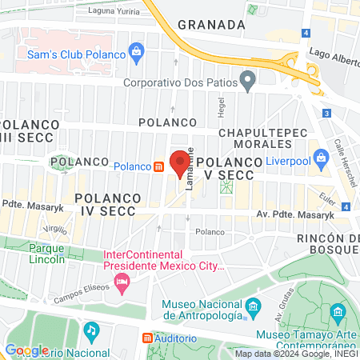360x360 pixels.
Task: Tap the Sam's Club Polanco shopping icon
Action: pos(136,54)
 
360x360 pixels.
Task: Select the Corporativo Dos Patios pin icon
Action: pos(248,80)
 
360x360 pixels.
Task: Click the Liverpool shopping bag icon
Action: pos(321,157)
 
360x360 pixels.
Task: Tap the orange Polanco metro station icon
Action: pos(160,166)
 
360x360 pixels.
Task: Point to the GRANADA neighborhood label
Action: pos(211,25)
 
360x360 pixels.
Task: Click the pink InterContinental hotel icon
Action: pos(122,281)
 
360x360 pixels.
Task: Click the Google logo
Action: pos(26,350)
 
